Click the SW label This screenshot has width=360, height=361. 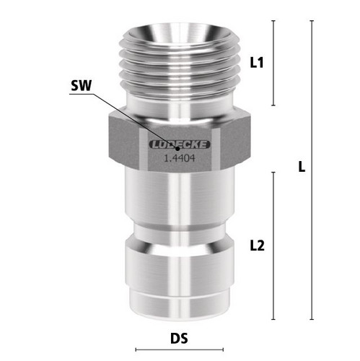point(82,85)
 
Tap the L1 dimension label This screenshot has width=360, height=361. point(257,63)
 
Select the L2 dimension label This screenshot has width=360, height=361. point(258,245)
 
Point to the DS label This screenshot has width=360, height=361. point(179,338)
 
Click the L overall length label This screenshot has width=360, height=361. point(302,167)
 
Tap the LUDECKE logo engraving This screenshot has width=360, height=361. point(180,144)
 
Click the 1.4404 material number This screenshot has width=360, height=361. point(180,158)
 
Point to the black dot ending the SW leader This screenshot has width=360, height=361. point(177,148)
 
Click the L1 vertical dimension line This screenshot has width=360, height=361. point(273,63)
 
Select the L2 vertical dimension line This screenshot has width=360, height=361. point(273,245)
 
